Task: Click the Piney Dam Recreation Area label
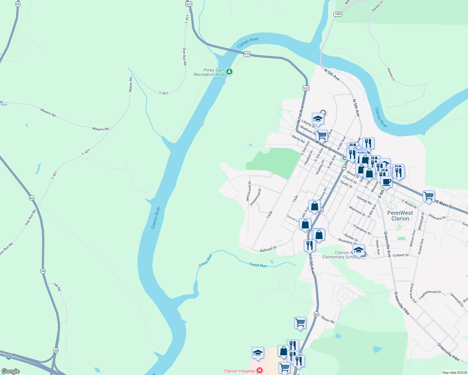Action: pos(209,72)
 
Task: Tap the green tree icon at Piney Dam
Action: pos(229,72)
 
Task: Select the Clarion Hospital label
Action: pos(239,371)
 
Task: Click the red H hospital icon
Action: pos(259,371)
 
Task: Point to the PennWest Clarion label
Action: pos(400,216)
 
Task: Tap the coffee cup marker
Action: pos(386,182)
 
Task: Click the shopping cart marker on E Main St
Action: pos(429,196)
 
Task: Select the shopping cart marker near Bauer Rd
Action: pos(300,322)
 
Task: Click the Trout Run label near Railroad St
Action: pos(258,265)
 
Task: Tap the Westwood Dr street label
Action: pos(249,191)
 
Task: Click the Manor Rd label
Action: pos(130,84)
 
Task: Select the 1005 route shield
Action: pos(338,14)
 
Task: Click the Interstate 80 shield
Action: pos(9,357)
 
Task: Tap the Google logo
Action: pos(10,371)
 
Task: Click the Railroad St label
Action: pos(268,249)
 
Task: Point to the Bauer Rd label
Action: pos(328,319)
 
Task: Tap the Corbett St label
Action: pos(400,255)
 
